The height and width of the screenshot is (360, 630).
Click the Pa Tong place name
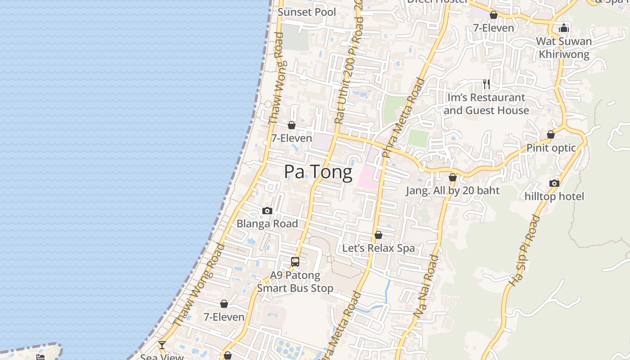click(318, 172)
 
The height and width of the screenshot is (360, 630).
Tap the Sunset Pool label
click(307, 12)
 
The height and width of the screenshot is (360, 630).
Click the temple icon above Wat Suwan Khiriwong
click(564, 28)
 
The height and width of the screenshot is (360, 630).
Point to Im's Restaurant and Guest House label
click(486, 104)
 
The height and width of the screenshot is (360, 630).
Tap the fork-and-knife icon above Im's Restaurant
click(486, 84)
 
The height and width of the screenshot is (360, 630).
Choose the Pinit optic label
click(551, 148)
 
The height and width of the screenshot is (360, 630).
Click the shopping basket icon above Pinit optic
click(550, 135)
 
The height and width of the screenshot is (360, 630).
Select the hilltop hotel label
click(554, 197)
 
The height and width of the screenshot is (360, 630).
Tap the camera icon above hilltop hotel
click(554, 183)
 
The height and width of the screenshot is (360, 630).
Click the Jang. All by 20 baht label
click(453, 191)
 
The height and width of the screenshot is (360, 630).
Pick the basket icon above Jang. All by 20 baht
click(453, 177)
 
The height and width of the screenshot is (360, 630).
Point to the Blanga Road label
click(267, 224)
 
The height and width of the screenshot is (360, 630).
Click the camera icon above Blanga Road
click(267, 211)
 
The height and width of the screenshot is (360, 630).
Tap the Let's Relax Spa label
click(378, 248)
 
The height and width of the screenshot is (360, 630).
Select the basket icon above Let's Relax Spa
click(378, 235)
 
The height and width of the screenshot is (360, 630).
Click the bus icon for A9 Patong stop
click(295, 261)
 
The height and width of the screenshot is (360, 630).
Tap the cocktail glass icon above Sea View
click(162, 345)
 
